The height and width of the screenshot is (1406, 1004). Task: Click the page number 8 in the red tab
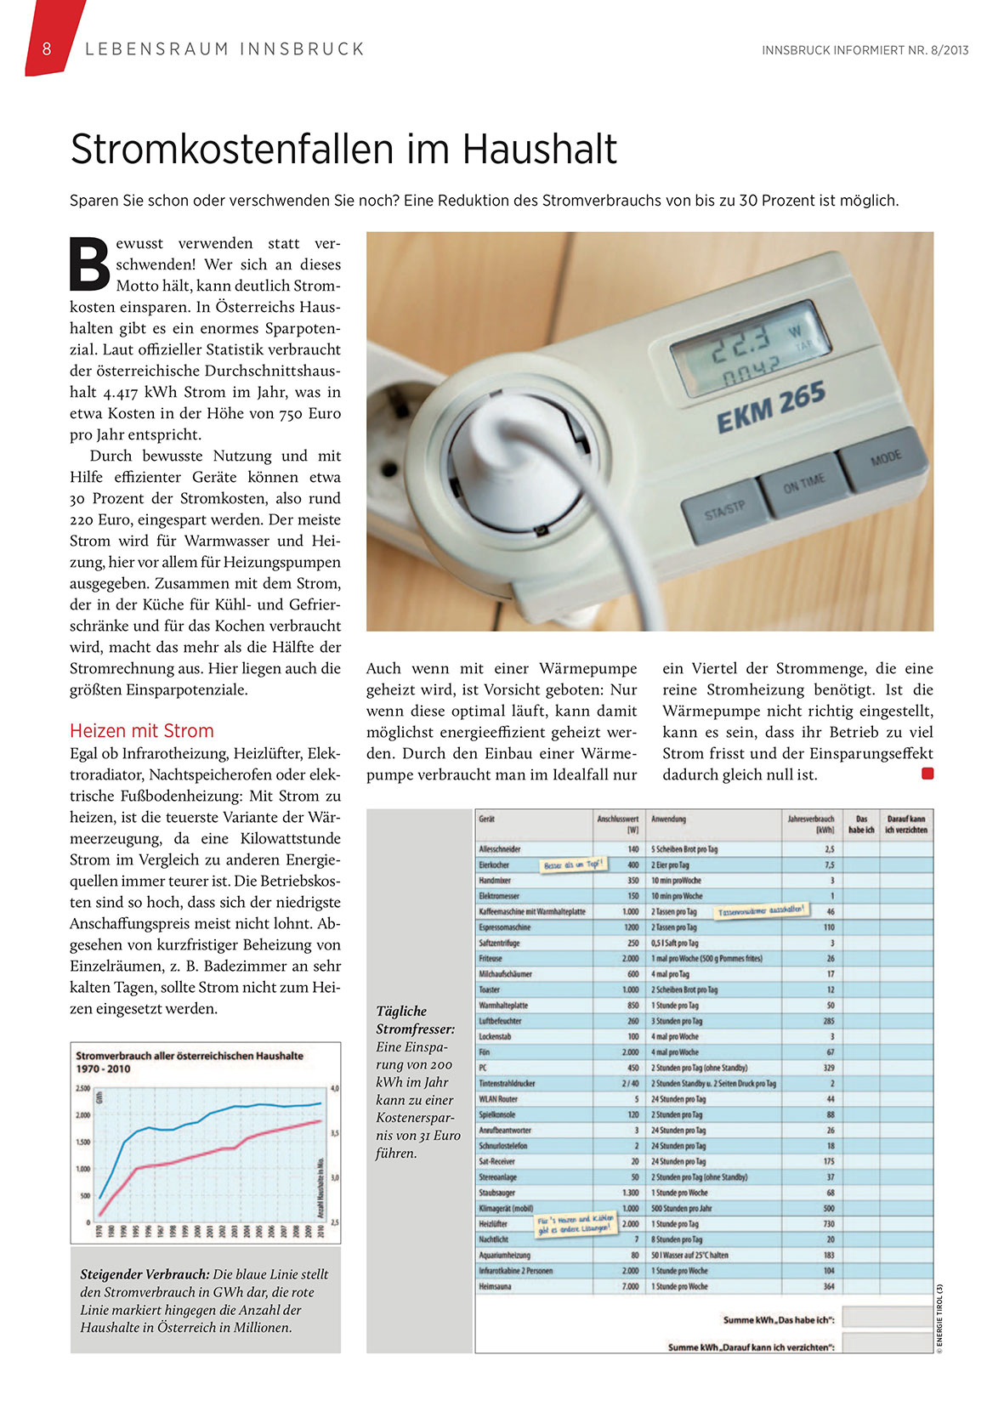pyautogui.click(x=47, y=49)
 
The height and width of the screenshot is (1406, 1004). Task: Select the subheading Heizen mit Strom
pyautogui.click(x=141, y=731)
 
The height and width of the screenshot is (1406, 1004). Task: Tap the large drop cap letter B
pyautogui.click(x=89, y=263)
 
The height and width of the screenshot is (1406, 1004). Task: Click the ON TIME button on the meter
pyautogui.click(x=803, y=483)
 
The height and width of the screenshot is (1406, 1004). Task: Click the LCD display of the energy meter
pyautogui.click(x=749, y=349)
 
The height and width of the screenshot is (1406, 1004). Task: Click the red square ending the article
pyautogui.click(x=927, y=774)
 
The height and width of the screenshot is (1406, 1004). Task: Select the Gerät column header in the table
pyautogui.click(x=487, y=819)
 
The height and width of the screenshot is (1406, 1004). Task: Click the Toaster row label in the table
pyautogui.click(x=490, y=989)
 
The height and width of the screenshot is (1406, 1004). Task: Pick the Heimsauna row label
pyautogui.click(x=496, y=1286)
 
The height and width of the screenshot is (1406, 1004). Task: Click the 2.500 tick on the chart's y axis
pyautogui.click(x=82, y=1088)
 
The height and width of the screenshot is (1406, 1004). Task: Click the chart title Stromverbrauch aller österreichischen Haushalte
pyautogui.click(x=190, y=1056)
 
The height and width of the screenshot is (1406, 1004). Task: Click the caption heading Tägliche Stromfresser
pyautogui.click(x=415, y=1020)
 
